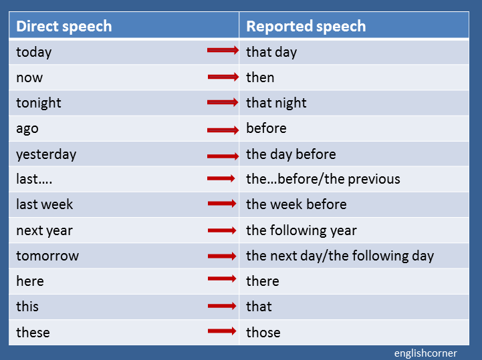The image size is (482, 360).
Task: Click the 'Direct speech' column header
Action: pyautogui.click(x=64, y=26)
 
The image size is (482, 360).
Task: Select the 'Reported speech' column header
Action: pyautogui.click(x=306, y=26)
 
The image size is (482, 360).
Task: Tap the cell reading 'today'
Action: pyautogui.click(x=33, y=52)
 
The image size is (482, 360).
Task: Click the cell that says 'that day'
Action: pyautogui.click(x=271, y=52)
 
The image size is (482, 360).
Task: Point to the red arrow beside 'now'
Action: pyautogui.click(x=223, y=77)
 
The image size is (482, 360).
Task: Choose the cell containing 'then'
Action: pyautogui.click(x=260, y=77)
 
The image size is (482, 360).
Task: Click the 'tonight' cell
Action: pyautogui.click(x=39, y=103)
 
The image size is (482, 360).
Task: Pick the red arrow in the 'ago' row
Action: pyautogui.click(x=223, y=130)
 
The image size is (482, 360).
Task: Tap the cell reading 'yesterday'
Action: pyautogui.click(x=46, y=154)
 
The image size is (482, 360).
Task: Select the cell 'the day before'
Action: pyautogui.click(x=291, y=154)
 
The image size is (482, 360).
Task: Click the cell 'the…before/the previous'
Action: pyautogui.click(x=323, y=179)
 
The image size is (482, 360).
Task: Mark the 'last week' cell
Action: pyautogui.click(x=44, y=204)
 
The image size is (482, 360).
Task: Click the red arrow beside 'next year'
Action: pyautogui.click(x=222, y=230)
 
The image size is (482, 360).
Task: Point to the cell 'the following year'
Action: pyautogui.click(x=301, y=230)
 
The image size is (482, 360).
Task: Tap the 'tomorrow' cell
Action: pyautogui.click(x=47, y=256)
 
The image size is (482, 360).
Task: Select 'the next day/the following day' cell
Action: pyautogui.click(x=340, y=256)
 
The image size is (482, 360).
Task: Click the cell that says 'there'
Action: pyautogui.click(x=262, y=281)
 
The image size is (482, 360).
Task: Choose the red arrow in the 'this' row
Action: pyautogui.click(x=222, y=307)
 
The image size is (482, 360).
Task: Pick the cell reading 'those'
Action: pyautogui.click(x=263, y=332)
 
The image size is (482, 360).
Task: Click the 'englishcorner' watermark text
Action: pyautogui.click(x=425, y=353)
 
